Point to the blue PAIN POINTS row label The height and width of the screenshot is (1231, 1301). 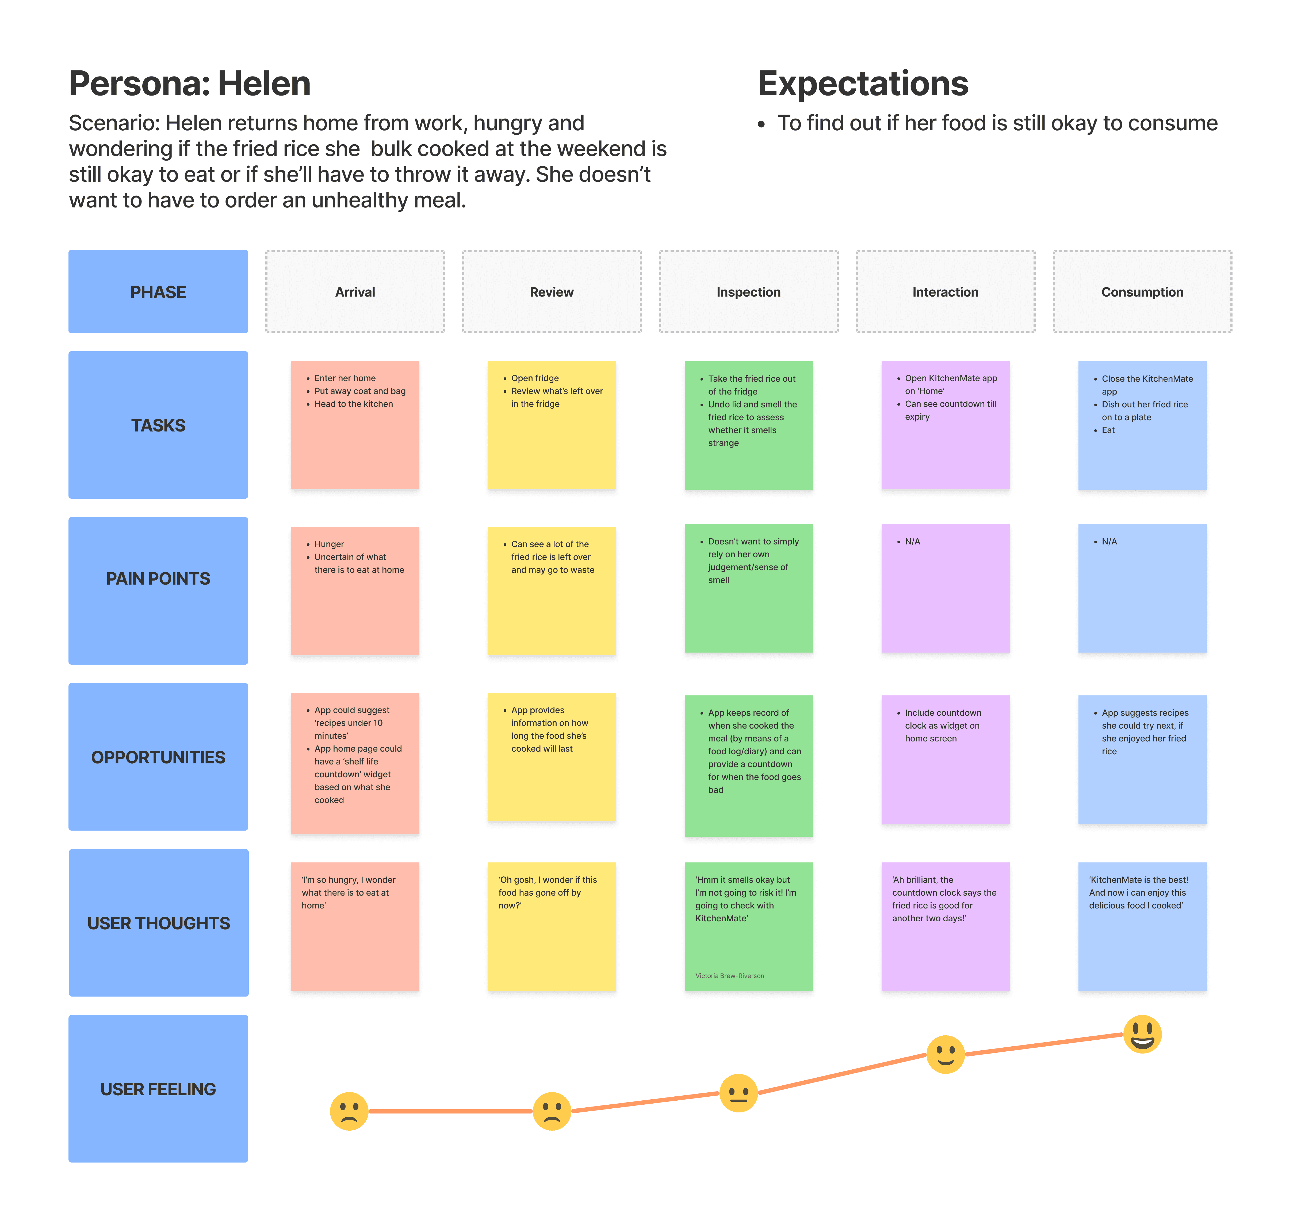(158, 578)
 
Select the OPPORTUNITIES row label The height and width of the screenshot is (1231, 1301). (158, 757)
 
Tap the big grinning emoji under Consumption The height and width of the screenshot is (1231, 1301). (1142, 1034)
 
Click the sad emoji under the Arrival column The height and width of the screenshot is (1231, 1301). (349, 1111)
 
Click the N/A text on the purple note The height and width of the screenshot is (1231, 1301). (912, 541)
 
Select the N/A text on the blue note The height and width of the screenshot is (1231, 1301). (1109, 541)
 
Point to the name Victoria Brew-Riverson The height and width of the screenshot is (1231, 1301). (729, 976)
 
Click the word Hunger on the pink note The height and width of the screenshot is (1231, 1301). (329, 544)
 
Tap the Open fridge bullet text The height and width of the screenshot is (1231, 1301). (535, 378)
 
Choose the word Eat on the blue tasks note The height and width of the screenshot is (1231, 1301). (1108, 430)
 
